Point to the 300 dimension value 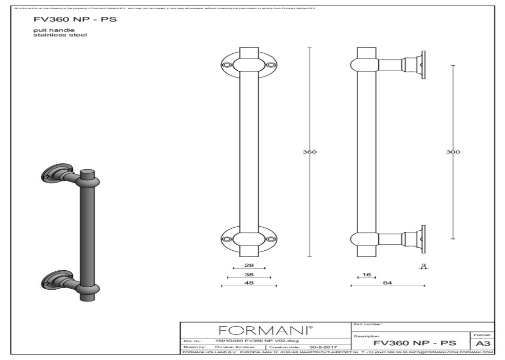coord(453,152)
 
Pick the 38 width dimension coord(249,274)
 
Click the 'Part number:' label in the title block coord(365,324)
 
